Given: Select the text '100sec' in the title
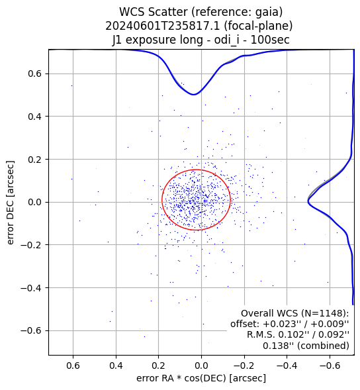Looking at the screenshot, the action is tap(270, 40).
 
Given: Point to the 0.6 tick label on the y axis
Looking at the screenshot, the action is tap(35, 74).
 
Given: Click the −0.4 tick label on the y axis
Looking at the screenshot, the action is tap(31, 288).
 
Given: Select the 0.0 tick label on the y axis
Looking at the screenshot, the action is tap(35, 202).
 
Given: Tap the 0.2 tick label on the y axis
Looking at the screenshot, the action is tap(35, 160).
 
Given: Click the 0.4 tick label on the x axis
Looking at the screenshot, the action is tap(116, 366).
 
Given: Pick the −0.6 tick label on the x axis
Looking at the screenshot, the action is tap(330, 366).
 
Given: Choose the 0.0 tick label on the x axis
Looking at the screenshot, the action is tap(201, 366).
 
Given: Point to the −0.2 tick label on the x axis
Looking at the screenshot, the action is tap(244, 366).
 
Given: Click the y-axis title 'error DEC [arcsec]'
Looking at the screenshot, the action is tap(10, 203).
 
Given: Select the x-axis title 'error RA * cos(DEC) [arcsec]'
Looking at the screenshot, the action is tap(201, 378).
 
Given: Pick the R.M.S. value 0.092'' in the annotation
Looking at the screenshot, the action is tap(334, 334).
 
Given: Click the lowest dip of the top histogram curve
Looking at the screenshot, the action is tap(194, 95).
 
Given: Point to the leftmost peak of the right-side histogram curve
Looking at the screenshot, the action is tap(308, 201).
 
